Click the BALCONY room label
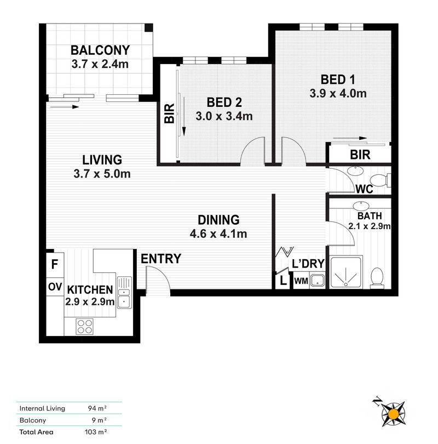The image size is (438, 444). pos(100,50)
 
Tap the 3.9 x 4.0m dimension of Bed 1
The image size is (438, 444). pos(338,93)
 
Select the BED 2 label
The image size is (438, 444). pos(224,103)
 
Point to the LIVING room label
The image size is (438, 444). pos(102,160)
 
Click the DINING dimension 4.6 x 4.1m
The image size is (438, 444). pos(218,234)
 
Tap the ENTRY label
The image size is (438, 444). pos(161,259)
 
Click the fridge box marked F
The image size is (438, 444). pos(55,265)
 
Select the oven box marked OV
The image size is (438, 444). pos(55,287)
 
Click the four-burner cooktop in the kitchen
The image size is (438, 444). pos(84,327)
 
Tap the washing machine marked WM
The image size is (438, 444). pos(301,281)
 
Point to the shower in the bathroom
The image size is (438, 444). pos(346,272)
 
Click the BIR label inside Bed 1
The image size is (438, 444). pos(360,155)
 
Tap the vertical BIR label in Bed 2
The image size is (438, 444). pos(169,113)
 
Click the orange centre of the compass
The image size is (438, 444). pos(393,414)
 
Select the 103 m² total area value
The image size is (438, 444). pos(96,432)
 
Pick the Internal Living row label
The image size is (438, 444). pos(42,408)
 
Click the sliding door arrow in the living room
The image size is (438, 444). pos(65,107)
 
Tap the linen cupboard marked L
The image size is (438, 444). pos(283,281)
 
